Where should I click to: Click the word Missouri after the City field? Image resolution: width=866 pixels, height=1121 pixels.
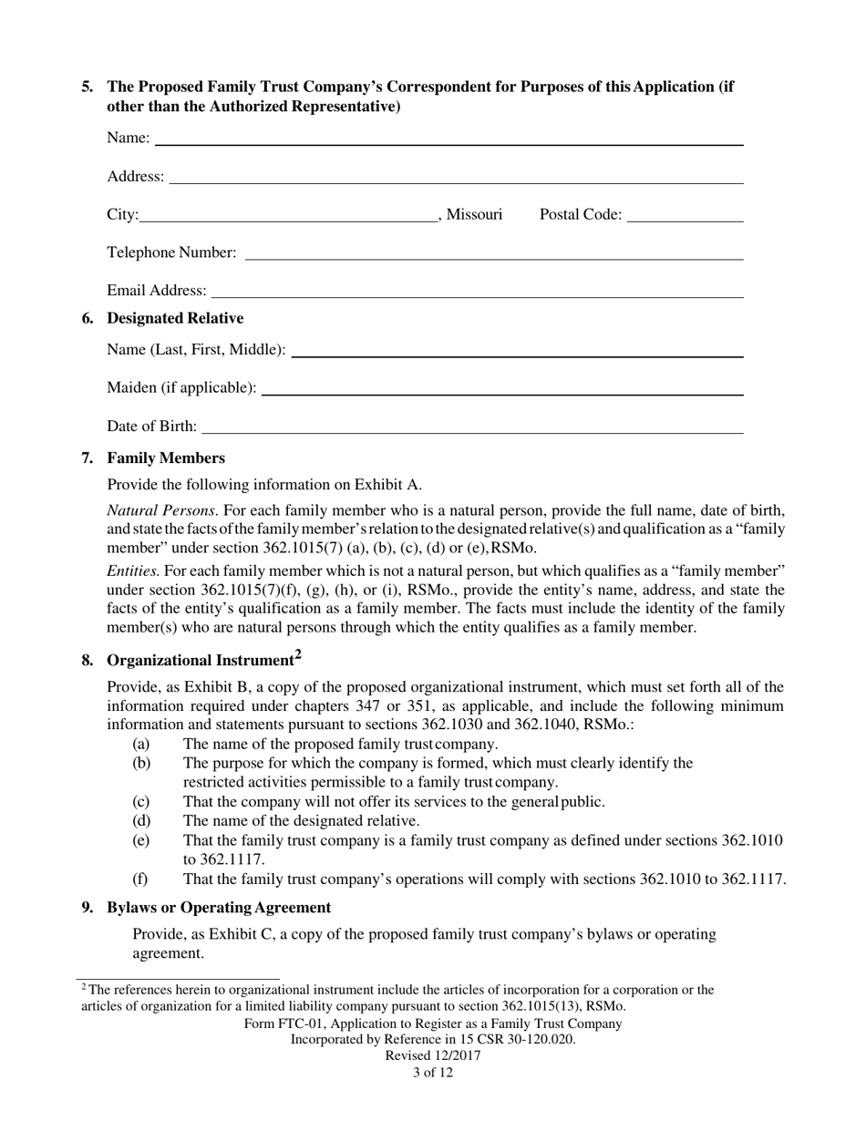[x=474, y=214]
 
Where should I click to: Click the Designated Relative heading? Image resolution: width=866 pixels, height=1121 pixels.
[x=175, y=318]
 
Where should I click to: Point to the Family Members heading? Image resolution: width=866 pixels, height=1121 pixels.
[x=166, y=458]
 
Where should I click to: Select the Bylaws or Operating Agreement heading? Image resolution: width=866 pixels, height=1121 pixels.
[x=219, y=908]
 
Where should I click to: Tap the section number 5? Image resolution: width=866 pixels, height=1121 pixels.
[x=87, y=87]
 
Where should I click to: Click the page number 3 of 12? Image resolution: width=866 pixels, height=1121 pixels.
[x=432, y=1073]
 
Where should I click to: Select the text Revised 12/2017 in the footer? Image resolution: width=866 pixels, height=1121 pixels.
[x=432, y=1056]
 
